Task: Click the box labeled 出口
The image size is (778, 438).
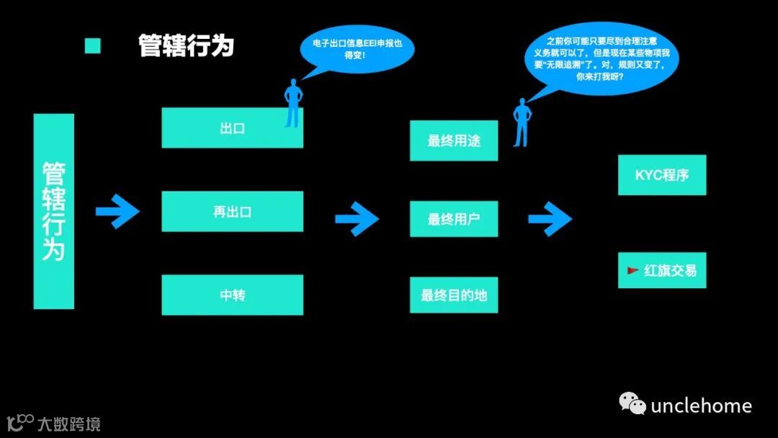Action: (232, 128)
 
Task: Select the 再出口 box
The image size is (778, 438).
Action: (232, 212)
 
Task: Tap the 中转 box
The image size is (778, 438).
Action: (232, 295)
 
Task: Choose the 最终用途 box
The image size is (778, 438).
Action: (454, 140)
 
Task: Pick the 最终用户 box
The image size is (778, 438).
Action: (454, 219)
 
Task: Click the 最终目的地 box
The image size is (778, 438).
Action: (454, 295)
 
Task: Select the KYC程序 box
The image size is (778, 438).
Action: (662, 175)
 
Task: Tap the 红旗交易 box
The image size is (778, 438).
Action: (662, 270)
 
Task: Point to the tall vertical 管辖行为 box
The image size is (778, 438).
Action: (54, 212)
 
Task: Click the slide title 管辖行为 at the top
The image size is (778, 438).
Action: (187, 46)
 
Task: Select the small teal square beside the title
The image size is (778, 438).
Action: (93, 46)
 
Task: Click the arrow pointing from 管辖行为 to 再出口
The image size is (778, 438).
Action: (118, 212)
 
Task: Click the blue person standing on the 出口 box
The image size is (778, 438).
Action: (292, 104)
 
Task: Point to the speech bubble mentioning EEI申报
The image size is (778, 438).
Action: (357, 50)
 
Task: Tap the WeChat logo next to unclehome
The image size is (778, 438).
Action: (633, 404)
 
